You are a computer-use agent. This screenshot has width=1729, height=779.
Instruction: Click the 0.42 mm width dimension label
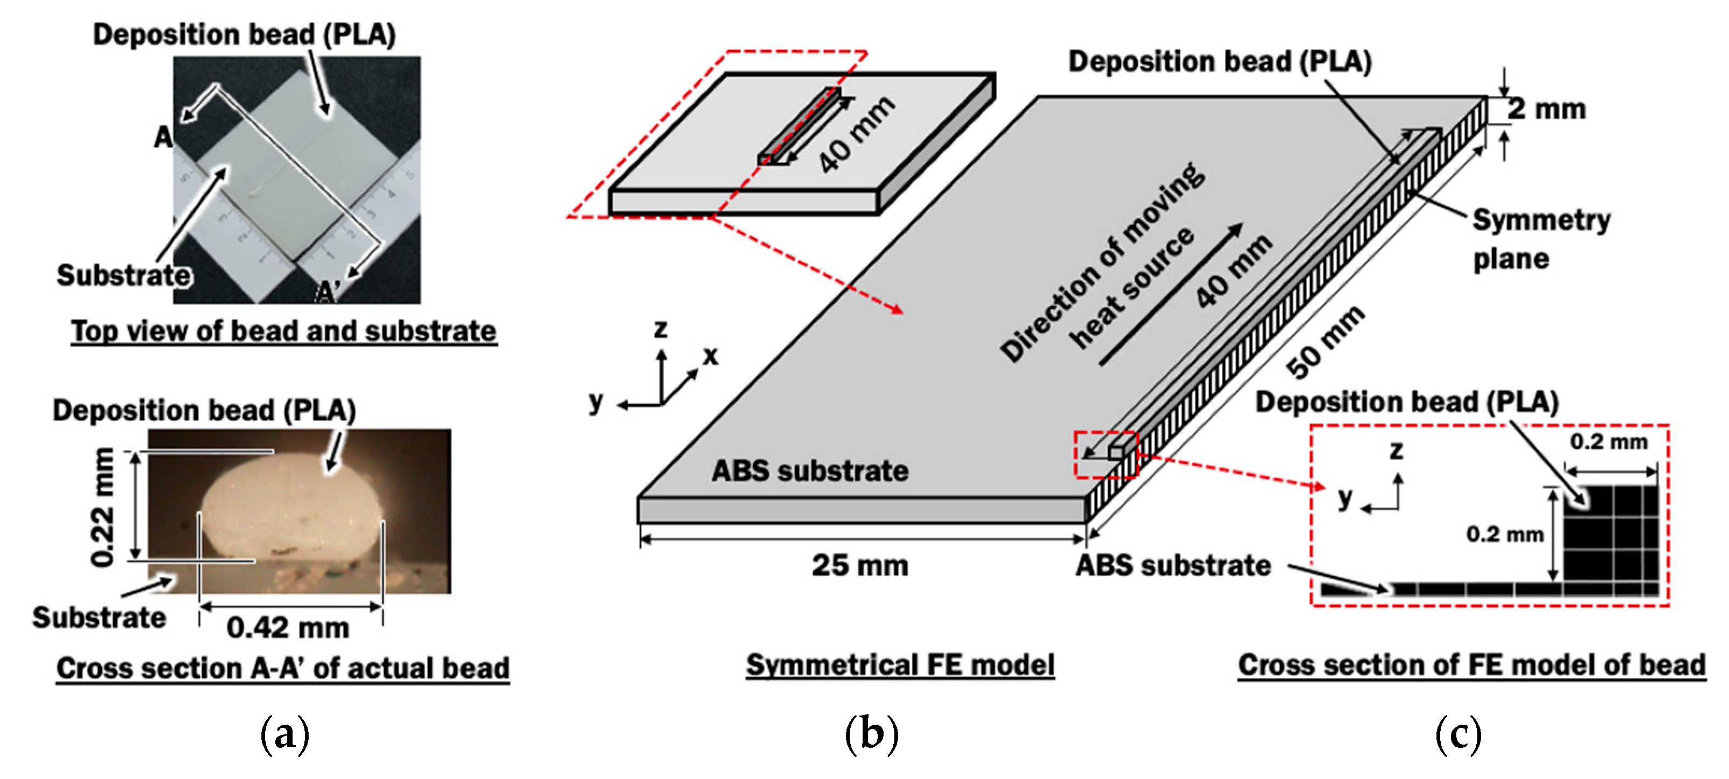288,628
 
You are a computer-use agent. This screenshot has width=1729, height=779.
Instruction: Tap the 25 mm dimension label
860,565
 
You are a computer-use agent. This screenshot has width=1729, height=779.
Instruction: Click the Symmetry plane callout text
1540,239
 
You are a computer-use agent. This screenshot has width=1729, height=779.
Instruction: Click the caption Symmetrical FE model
900,665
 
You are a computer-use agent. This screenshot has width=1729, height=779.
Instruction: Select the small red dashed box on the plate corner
1106,455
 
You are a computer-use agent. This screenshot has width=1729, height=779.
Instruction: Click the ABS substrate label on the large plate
809,471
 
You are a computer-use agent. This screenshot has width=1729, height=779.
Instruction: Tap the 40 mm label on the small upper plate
856,134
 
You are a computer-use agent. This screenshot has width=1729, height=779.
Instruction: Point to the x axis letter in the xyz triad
710,355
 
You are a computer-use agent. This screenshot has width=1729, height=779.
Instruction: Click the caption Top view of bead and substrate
283,331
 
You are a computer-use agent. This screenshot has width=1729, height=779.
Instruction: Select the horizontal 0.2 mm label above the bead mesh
1608,442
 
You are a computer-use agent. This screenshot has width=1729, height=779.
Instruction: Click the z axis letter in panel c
1396,450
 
